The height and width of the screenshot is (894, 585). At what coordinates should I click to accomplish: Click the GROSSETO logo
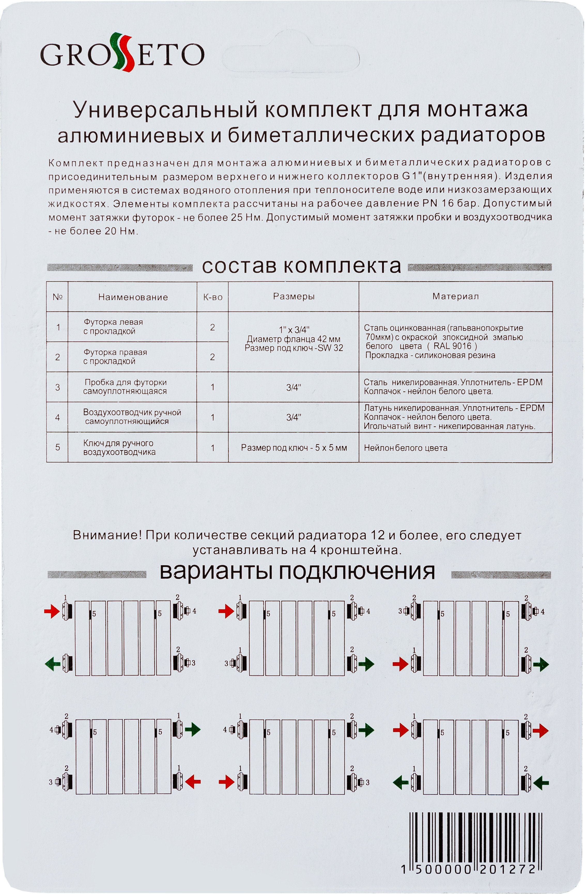(122, 54)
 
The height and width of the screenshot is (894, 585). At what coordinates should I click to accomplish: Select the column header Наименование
(133, 297)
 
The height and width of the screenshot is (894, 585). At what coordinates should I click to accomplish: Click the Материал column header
(455, 296)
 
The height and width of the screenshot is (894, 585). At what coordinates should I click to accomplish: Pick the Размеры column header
(294, 296)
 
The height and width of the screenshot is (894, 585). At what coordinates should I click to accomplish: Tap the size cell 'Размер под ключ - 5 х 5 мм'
(294, 448)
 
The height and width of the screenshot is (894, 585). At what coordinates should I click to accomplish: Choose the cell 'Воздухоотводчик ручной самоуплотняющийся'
(132, 417)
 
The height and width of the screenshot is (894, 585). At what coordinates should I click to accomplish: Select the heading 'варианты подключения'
(297, 572)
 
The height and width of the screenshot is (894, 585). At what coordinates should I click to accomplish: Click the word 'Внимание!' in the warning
(107, 535)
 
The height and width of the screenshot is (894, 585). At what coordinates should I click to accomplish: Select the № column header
(57, 297)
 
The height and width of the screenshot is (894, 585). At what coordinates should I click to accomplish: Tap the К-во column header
(212, 297)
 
